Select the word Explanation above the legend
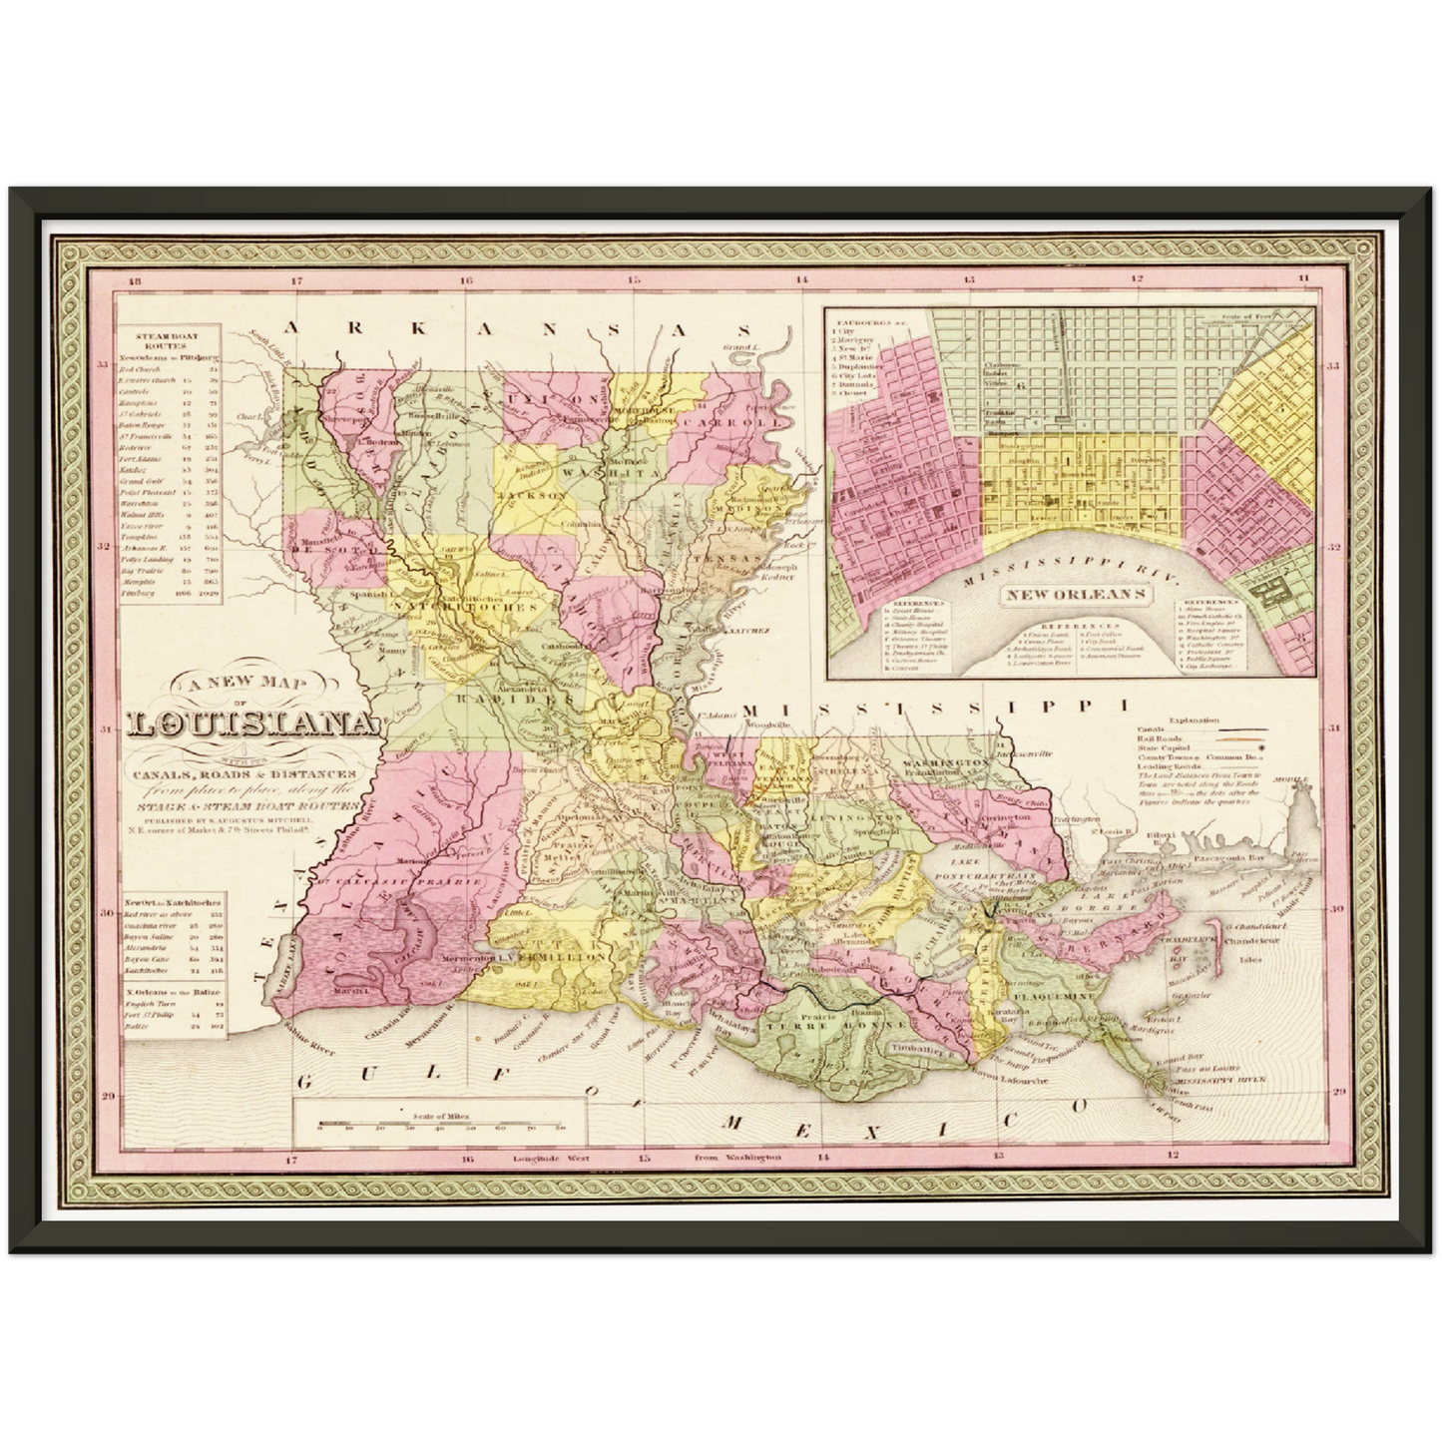(x=1193, y=720)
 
